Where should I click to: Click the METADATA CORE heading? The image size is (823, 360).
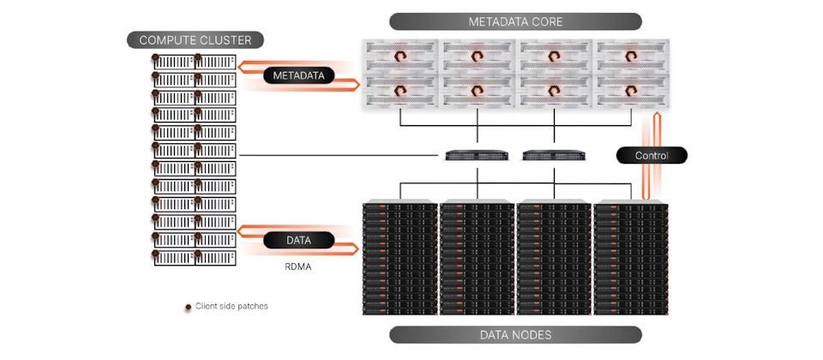(x=515, y=21)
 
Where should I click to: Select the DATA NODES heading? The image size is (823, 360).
(x=515, y=335)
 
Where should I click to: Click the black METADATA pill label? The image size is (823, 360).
(x=299, y=75)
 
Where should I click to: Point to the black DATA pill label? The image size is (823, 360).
(x=299, y=240)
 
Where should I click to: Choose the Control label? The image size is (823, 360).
(x=652, y=156)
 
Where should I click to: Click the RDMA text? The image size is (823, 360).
(x=298, y=267)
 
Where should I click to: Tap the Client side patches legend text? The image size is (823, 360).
(x=231, y=306)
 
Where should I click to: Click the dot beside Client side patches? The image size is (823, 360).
(x=188, y=306)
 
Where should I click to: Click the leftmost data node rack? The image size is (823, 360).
(x=399, y=258)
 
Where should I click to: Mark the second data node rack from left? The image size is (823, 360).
(x=477, y=258)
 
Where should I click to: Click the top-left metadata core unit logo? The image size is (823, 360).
(x=400, y=57)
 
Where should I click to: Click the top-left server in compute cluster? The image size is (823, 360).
(x=173, y=61)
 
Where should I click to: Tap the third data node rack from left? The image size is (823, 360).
(x=554, y=258)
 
